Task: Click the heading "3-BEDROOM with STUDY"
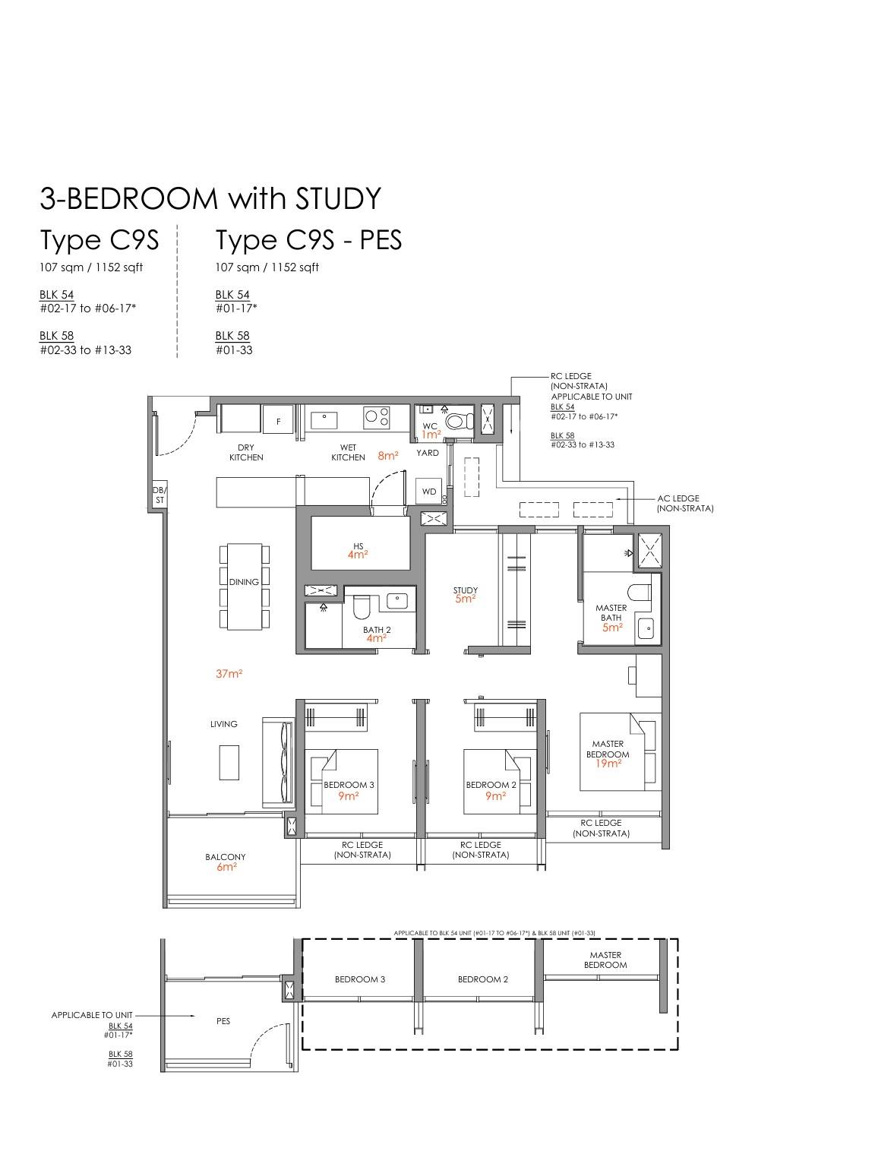210,198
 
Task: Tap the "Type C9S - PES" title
308,240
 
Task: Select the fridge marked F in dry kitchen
278,419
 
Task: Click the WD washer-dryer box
429,492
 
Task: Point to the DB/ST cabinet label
160,495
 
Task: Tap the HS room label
358,545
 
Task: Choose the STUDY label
465,590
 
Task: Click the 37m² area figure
229,674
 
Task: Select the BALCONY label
226,857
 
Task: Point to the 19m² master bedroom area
608,764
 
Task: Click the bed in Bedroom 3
342,782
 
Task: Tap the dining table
245,587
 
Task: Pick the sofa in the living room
278,762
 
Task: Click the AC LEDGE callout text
685,503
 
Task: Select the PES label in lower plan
223,1021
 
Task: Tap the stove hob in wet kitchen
377,417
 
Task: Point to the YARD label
428,453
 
